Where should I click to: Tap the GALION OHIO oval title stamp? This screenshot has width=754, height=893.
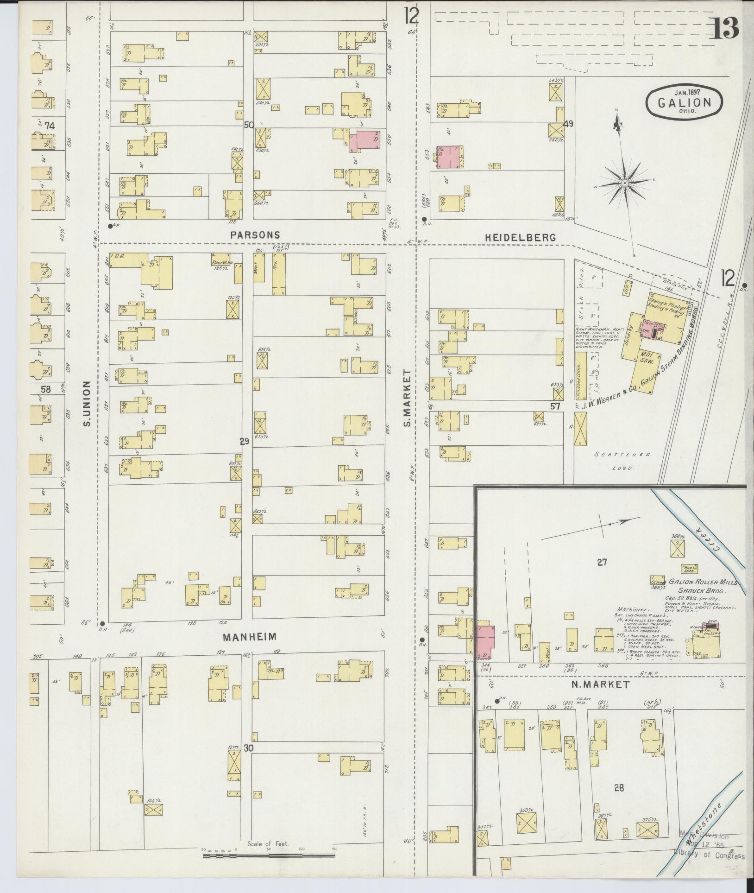[x=685, y=103]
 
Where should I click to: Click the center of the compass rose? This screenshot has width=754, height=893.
[x=625, y=183]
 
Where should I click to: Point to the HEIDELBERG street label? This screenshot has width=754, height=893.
[x=521, y=237]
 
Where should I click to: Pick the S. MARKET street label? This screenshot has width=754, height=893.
[x=407, y=398]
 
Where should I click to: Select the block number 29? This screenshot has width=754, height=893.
[x=245, y=442]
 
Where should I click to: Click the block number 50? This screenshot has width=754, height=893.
[x=249, y=125]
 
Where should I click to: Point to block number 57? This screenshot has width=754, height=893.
[x=555, y=406]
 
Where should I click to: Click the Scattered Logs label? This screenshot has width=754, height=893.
[x=622, y=462]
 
